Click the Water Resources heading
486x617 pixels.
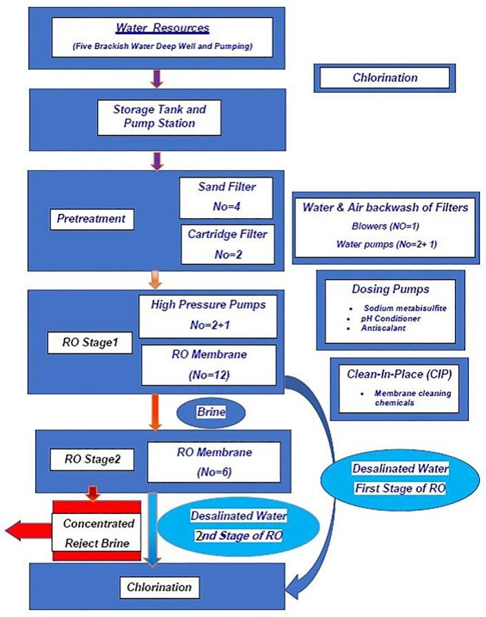coord(162,29)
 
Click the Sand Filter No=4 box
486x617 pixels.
coord(226,195)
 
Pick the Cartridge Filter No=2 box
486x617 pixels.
coord(226,243)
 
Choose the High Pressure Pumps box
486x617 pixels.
coord(208,314)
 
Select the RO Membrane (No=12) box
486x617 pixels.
coord(208,365)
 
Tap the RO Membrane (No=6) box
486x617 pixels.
coord(214,462)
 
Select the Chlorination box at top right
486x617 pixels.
coord(385,78)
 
